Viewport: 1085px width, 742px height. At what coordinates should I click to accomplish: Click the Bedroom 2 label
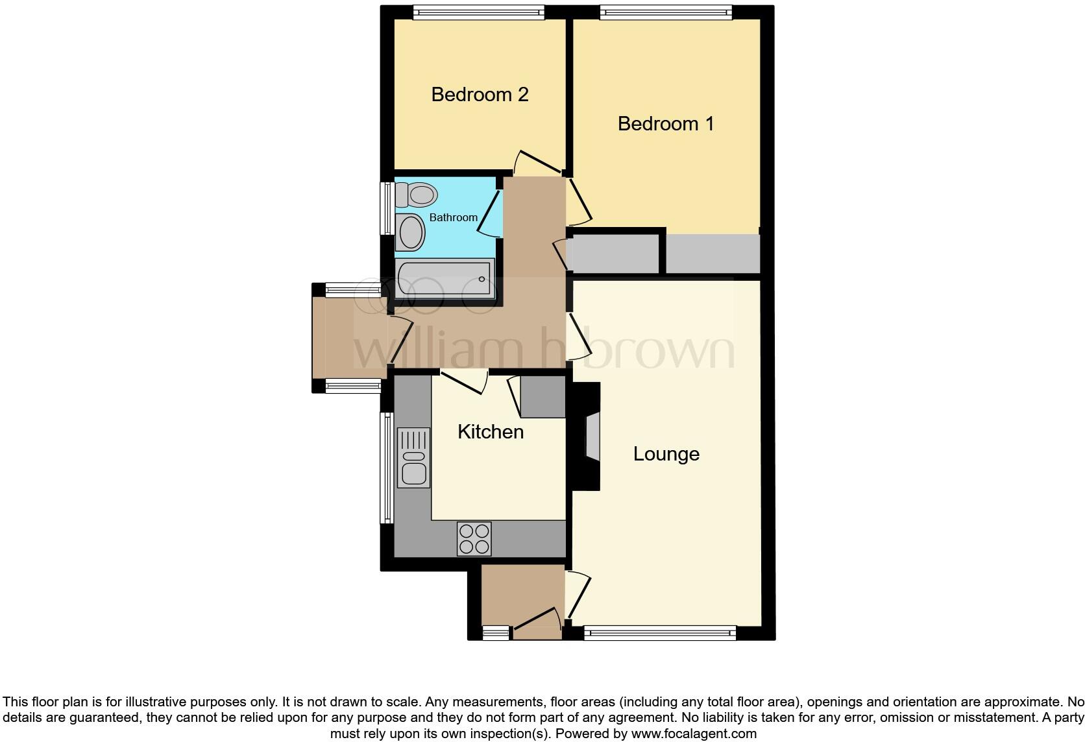point(480,95)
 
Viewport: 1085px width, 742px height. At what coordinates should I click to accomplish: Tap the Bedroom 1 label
point(665,124)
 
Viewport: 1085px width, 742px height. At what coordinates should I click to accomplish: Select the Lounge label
point(666,454)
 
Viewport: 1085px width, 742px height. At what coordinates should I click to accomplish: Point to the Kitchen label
point(490,432)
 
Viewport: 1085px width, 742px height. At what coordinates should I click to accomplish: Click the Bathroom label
point(453,218)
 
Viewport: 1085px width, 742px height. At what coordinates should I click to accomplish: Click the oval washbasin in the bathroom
point(410,232)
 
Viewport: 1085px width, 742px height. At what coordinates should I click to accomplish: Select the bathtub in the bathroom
point(445,279)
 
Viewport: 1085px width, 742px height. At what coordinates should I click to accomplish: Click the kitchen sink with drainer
point(413,458)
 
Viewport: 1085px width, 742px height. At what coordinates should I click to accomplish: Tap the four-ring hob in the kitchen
point(474,539)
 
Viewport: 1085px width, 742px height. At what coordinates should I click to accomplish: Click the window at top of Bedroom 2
point(478,12)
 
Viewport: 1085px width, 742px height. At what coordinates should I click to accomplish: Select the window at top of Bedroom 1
point(665,12)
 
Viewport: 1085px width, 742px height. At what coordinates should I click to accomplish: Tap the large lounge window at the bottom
point(660,633)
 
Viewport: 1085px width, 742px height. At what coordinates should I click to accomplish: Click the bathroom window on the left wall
point(387,208)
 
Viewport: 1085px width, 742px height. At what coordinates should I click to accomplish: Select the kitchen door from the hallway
point(464,383)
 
